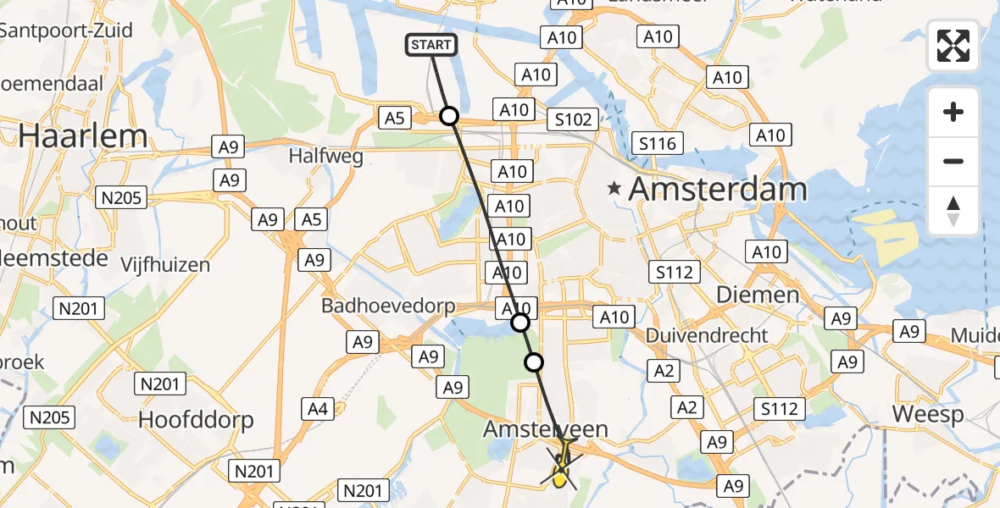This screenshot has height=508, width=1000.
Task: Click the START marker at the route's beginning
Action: (x=432, y=45)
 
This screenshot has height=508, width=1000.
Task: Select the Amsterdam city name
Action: (x=718, y=190)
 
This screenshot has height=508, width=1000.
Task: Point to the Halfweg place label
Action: (x=325, y=156)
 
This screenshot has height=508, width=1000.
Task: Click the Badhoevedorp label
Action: (x=388, y=306)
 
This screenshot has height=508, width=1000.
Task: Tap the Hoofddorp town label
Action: (x=196, y=419)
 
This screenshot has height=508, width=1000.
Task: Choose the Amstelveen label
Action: (x=546, y=429)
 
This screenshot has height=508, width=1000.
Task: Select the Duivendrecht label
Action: (x=707, y=335)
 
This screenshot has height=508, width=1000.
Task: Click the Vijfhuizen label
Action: (x=164, y=265)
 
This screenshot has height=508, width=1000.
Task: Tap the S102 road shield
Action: (x=574, y=119)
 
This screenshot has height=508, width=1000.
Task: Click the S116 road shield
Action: (x=658, y=143)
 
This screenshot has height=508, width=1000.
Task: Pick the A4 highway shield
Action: (x=317, y=410)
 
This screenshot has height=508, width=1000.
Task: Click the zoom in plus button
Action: (x=953, y=112)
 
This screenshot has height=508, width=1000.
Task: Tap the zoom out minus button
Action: (x=953, y=161)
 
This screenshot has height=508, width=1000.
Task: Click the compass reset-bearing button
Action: (x=953, y=211)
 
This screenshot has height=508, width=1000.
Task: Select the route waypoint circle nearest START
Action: (x=449, y=116)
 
